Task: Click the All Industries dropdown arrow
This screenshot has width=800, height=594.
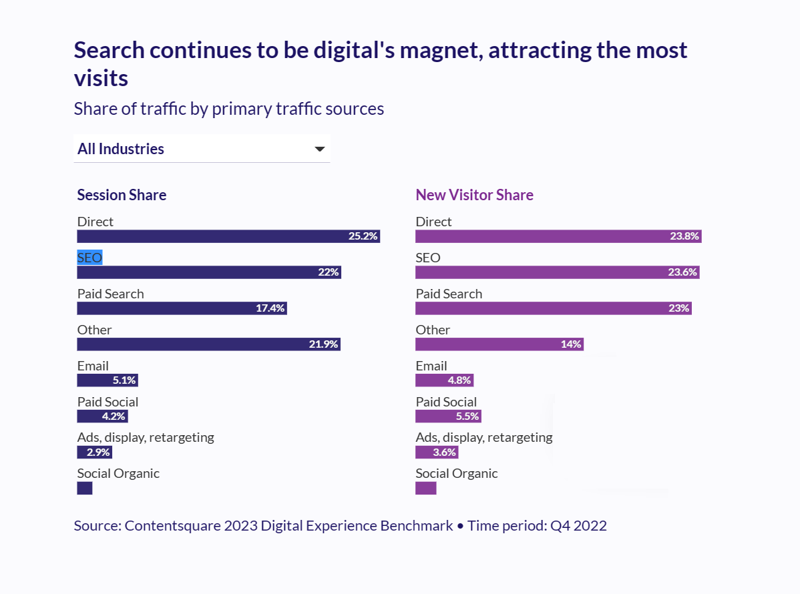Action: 320,149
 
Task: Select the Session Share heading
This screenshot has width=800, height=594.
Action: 122,195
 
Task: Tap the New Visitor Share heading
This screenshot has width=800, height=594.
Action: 474,195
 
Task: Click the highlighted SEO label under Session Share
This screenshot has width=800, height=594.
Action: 89,258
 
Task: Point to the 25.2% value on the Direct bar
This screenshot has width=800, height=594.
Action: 363,236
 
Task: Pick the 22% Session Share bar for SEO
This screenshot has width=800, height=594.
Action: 209,272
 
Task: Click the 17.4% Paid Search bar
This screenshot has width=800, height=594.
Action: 182,308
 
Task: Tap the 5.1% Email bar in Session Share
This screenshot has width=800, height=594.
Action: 107,380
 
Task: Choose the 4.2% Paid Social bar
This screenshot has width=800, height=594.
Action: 102,416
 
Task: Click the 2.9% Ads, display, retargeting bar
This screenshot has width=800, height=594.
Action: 94,453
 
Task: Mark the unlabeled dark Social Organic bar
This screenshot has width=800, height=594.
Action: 85,489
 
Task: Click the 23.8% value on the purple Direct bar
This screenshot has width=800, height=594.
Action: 684,236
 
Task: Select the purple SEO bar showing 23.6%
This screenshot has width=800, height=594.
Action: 557,272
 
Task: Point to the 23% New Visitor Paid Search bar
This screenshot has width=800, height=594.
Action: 553,308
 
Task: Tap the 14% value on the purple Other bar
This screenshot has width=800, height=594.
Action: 571,344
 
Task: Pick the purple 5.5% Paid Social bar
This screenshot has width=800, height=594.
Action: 447,416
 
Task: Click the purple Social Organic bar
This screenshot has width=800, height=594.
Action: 425,489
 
